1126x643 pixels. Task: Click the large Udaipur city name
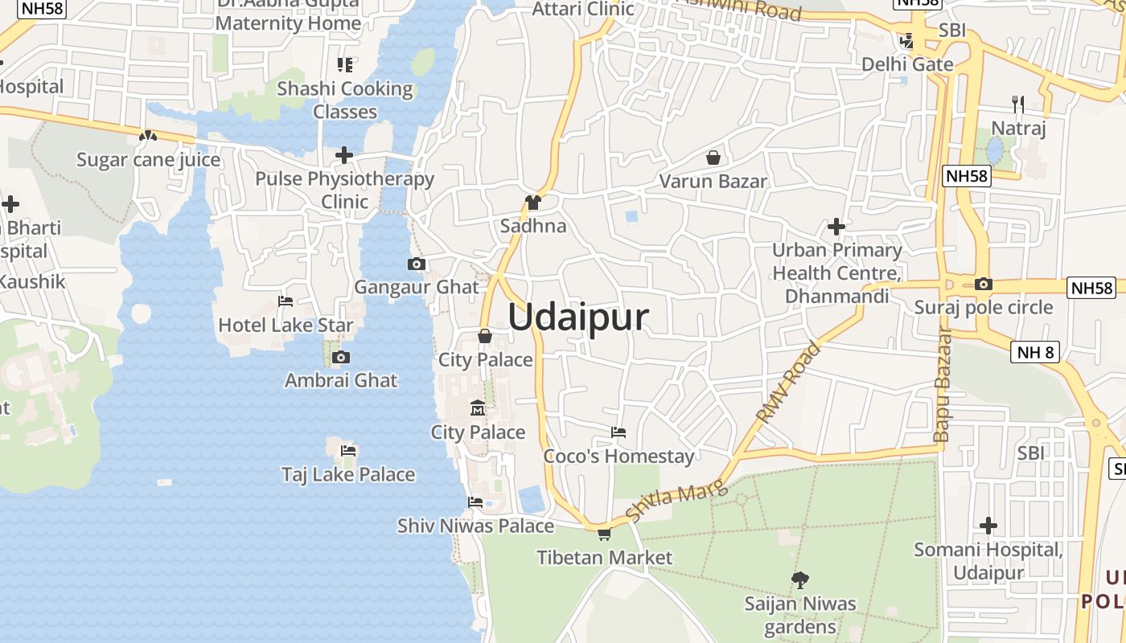[x=577, y=317]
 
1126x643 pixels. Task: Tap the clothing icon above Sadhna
[x=532, y=203]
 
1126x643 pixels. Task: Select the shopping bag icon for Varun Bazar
[x=713, y=158]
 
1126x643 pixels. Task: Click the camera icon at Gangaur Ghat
[x=416, y=264]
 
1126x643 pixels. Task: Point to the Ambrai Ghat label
[x=341, y=380]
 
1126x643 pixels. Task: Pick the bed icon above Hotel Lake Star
[x=285, y=301]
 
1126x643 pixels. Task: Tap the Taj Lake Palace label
[x=348, y=474]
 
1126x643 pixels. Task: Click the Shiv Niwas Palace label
[x=475, y=526]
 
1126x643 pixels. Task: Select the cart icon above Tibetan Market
[x=604, y=534]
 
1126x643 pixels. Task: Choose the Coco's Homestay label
[x=618, y=457]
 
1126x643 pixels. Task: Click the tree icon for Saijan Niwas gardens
[x=799, y=580]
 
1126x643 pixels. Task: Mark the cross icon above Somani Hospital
[x=988, y=526]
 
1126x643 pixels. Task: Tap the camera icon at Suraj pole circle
[x=983, y=284]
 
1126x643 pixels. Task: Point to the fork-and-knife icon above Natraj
[x=1017, y=104]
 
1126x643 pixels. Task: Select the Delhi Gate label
[x=907, y=64]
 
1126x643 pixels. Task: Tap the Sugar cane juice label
[x=148, y=160]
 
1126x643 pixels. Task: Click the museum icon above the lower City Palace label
[x=478, y=408]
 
